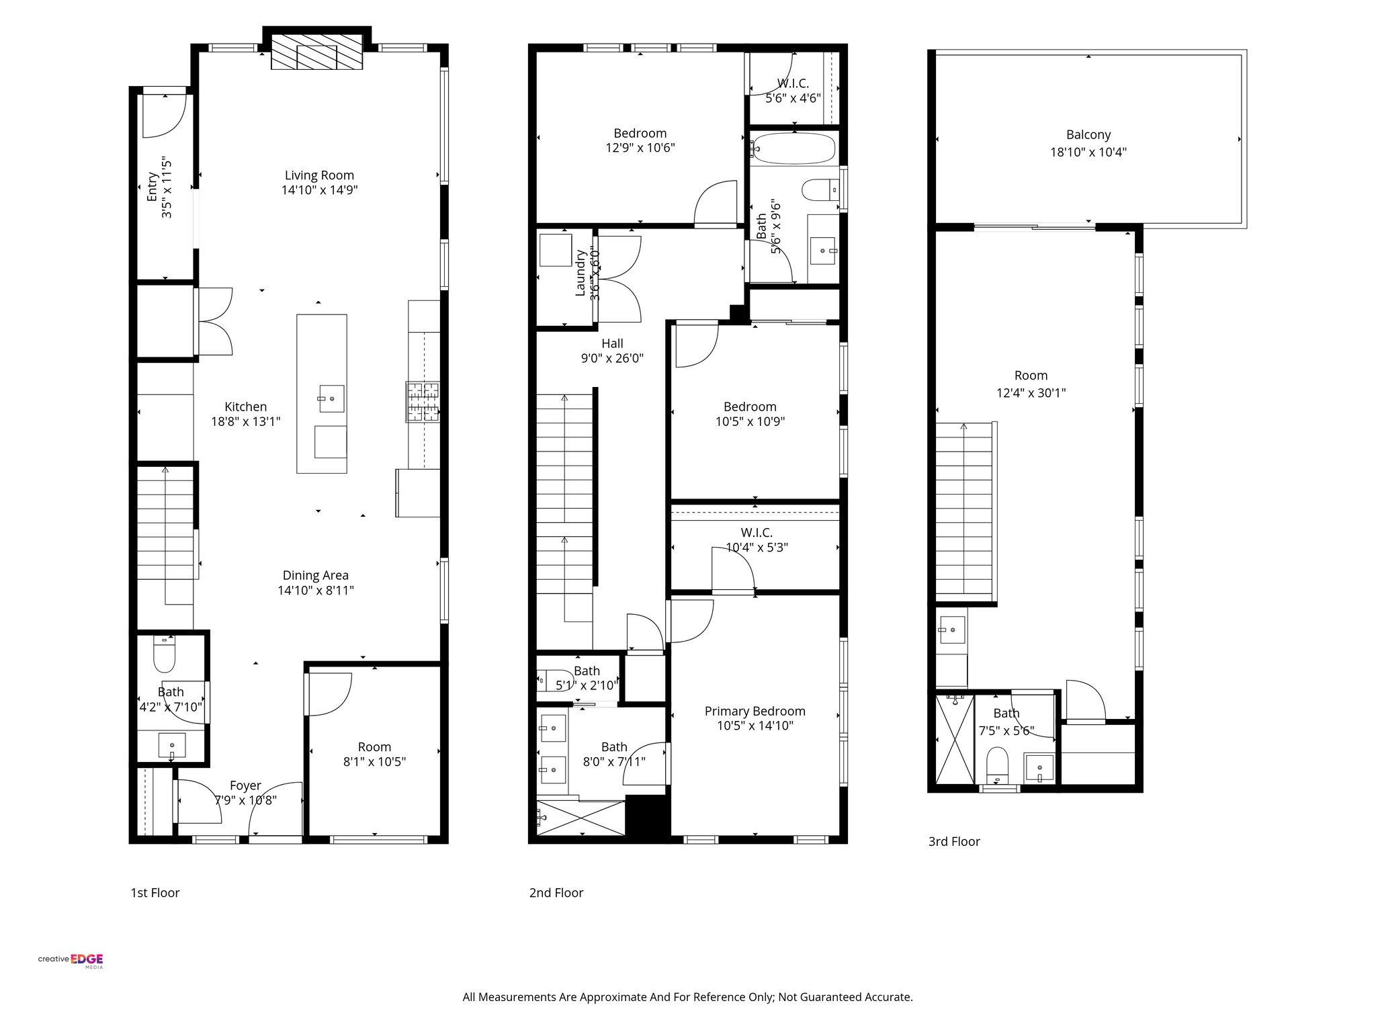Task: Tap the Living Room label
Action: pyautogui.click(x=319, y=175)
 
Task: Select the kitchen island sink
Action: pyautogui.click(x=331, y=398)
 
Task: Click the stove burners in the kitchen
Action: pyautogui.click(x=423, y=402)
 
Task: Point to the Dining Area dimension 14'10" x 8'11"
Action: pyautogui.click(x=316, y=591)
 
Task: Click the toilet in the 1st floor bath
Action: pyautogui.click(x=165, y=654)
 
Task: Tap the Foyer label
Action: pyautogui.click(x=245, y=785)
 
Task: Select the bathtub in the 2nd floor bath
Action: pyautogui.click(x=793, y=148)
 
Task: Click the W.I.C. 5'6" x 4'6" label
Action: pyautogui.click(x=793, y=91)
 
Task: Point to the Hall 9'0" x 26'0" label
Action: pyautogui.click(x=612, y=351)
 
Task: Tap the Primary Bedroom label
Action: pyautogui.click(x=755, y=711)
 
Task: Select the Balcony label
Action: pyautogui.click(x=1088, y=134)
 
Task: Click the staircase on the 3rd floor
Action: pyautogui.click(x=963, y=511)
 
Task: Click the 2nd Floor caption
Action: pyautogui.click(x=556, y=893)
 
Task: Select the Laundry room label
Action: pyautogui.click(x=580, y=273)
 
